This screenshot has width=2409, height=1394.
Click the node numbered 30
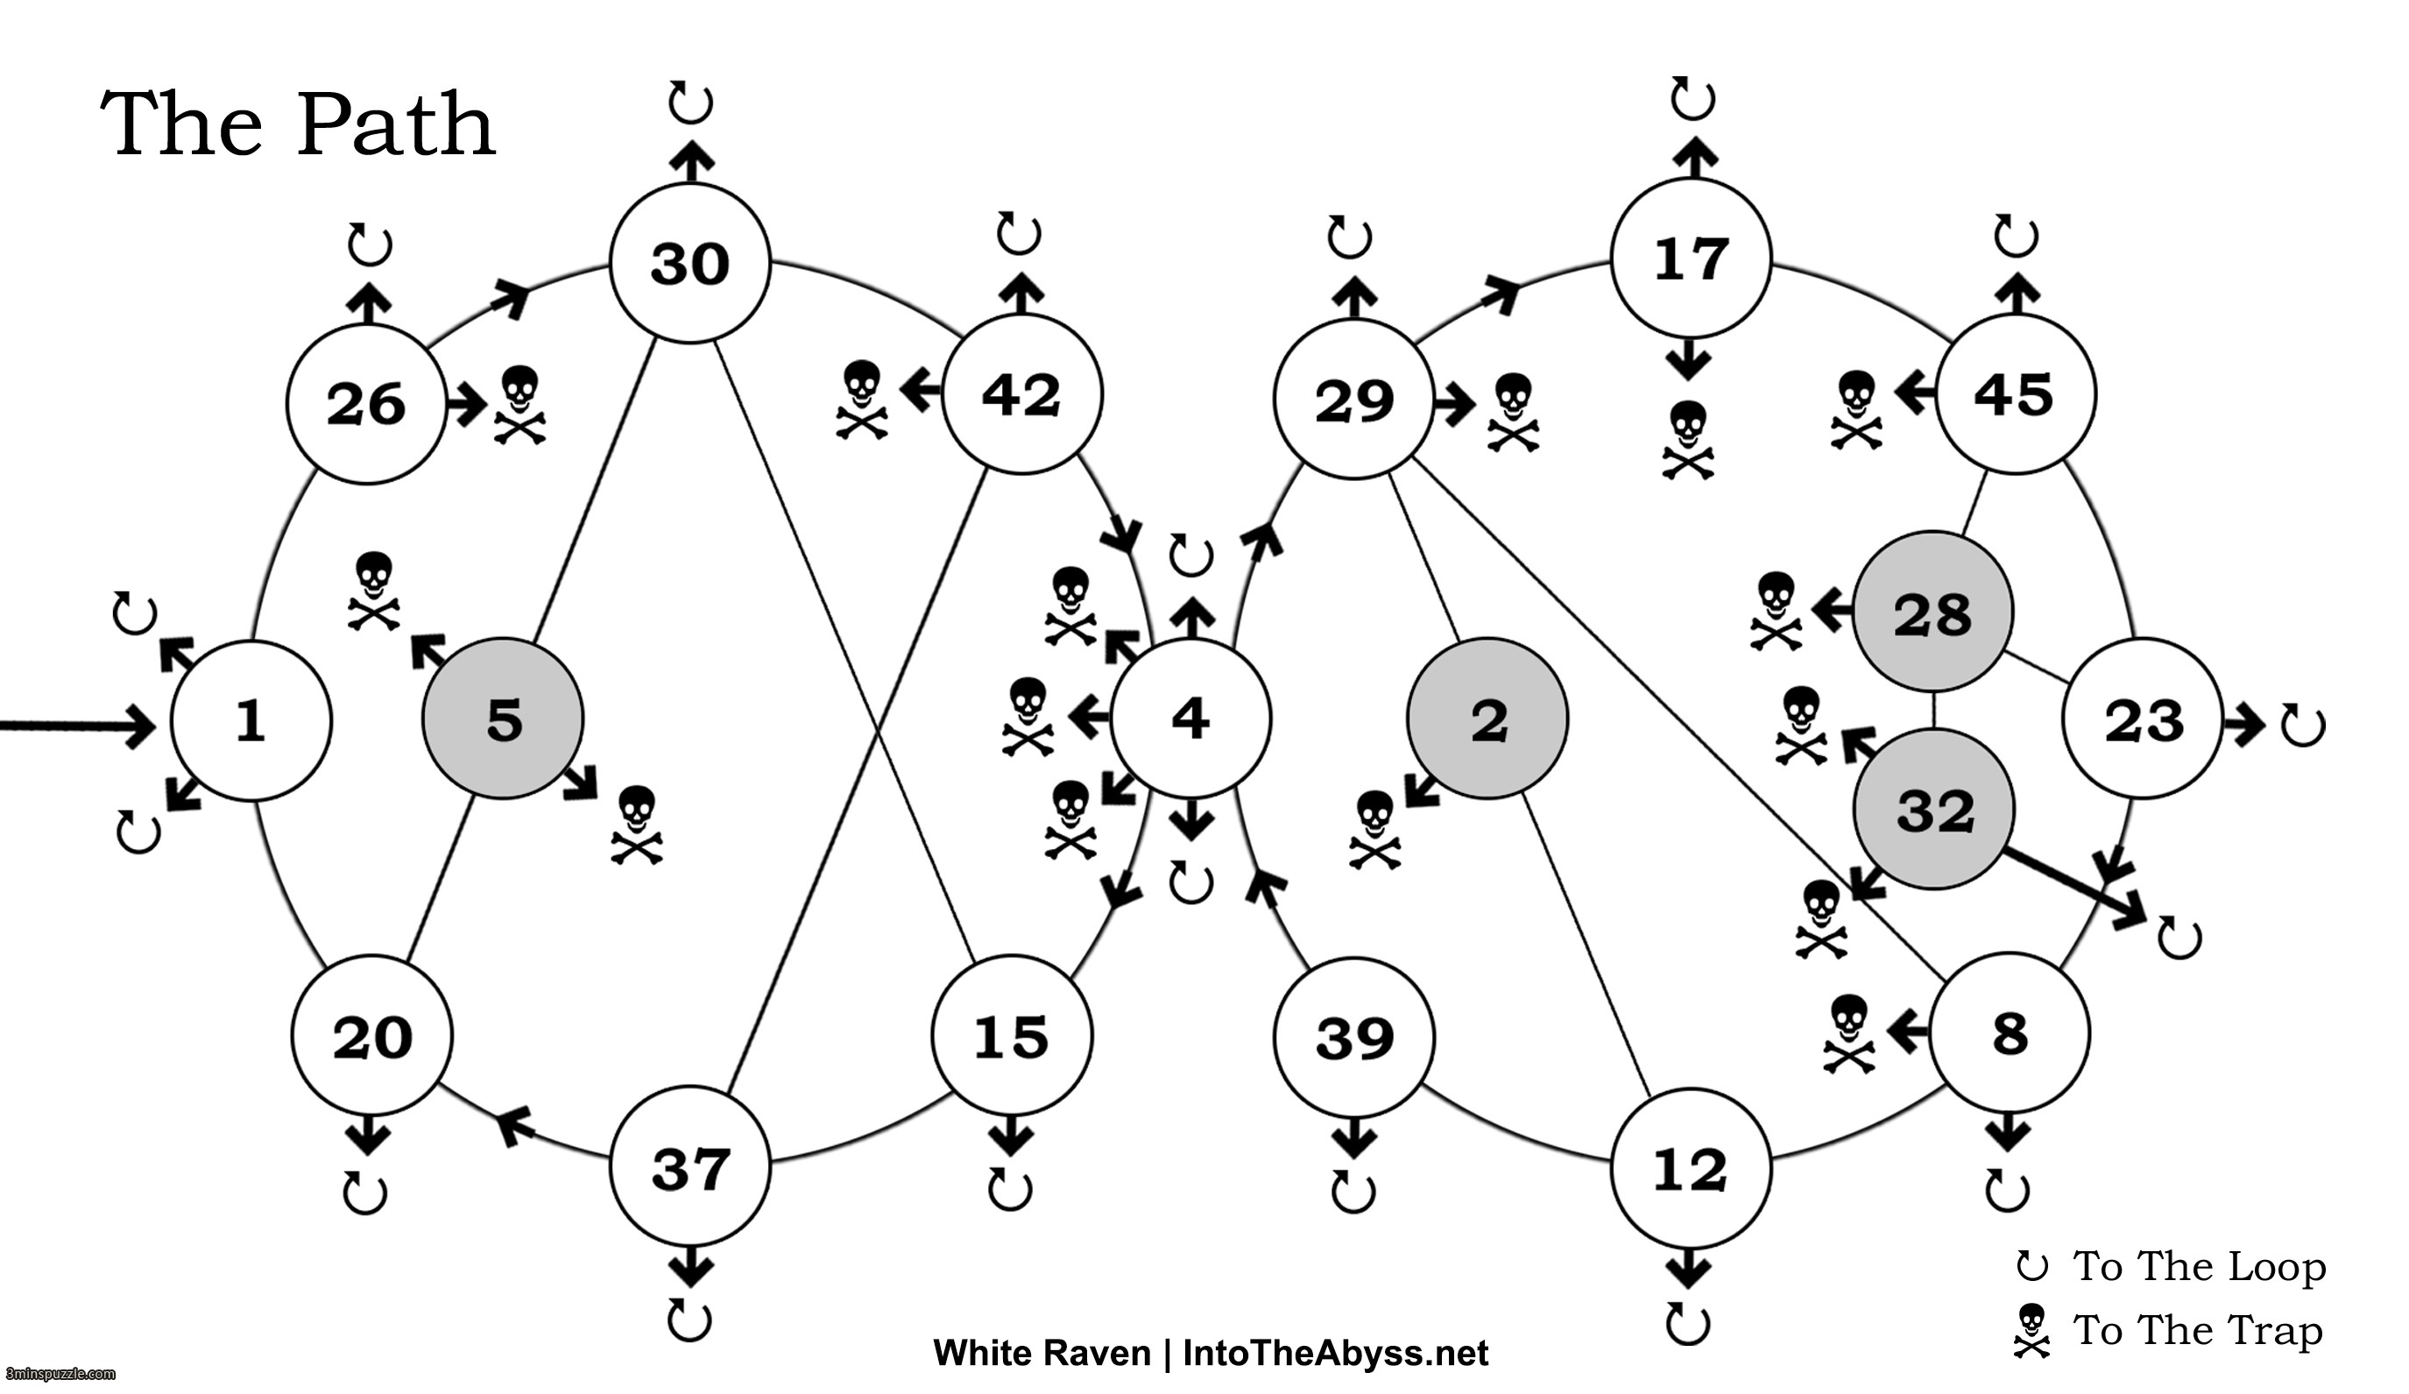(689, 263)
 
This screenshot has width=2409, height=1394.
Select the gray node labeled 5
(503, 718)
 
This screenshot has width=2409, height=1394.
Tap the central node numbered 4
(1190, 718)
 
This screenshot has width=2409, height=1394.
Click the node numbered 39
(1353, 1037)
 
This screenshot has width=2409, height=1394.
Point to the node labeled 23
(2143, 719)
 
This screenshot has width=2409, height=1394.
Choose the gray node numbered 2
(1487, 718)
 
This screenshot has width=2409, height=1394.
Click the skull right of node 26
(520, 405)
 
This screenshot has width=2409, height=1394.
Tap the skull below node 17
(1687, 439)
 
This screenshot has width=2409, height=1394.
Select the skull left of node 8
(1849, 1034)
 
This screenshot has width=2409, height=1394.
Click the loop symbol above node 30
(690, 102)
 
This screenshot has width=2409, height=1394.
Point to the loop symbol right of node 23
(2302, 725)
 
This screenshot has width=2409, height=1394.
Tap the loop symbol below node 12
(1687, 1323)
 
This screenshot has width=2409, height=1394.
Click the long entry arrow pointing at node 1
(76, 725)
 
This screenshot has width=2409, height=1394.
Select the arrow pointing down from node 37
(690, 1268)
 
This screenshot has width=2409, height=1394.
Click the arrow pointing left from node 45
(1915, 392)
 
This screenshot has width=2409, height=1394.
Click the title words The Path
(297, 124)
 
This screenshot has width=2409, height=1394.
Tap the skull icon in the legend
(2031, 1330)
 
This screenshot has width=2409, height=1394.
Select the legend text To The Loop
(2199, 1266)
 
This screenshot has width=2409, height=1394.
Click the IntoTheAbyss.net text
(1334, 1353)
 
